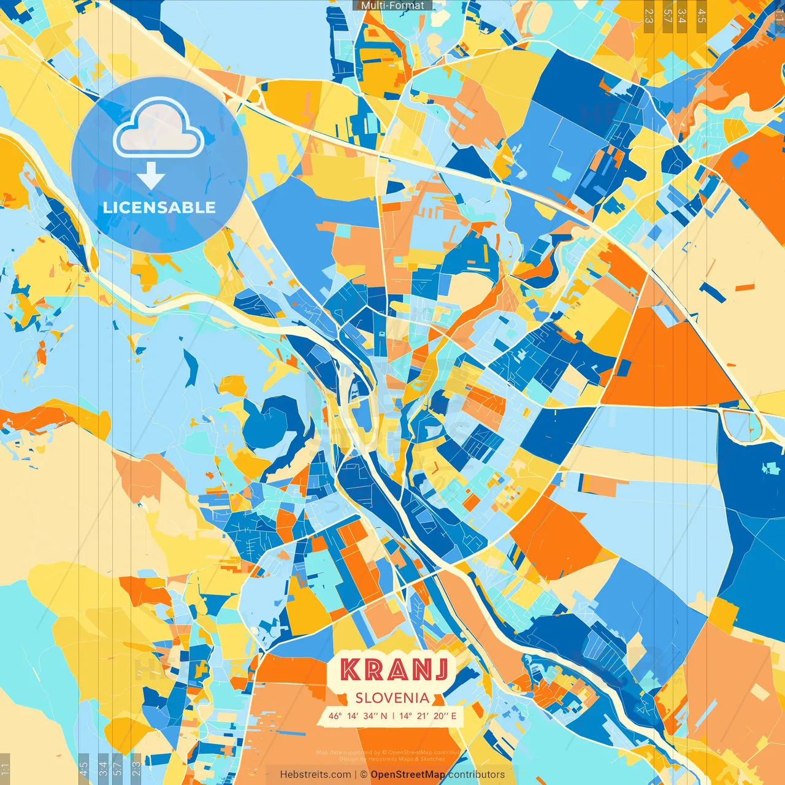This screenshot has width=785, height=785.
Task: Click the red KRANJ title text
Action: click(394, 670)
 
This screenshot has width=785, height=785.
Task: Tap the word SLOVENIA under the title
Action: click(392, 698)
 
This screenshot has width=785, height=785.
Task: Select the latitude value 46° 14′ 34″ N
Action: click(358, 716)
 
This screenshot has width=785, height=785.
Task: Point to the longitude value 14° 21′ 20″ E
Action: click(428, 716)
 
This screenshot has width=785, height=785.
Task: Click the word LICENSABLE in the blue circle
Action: click(159, 207)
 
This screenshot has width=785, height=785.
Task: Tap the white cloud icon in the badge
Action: click(158, 127)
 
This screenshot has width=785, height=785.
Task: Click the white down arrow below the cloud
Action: click(151, 177)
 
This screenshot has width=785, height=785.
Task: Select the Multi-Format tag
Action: click(392, 6)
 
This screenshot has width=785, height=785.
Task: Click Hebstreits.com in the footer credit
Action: click(316, 775)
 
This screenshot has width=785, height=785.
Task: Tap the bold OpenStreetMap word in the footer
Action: click(408, 775)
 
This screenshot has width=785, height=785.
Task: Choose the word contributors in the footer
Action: click(477, 775)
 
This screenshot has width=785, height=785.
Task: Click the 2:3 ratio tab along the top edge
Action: click(649, 16)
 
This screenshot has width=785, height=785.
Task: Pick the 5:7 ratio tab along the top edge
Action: click(667, 16)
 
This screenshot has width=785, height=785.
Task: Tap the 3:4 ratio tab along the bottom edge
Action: click(103, 768)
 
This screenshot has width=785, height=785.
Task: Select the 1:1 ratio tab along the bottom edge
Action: click(5, 768)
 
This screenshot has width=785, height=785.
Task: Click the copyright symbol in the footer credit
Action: click(363, 775)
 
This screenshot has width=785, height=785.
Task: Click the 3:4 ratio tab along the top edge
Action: click(682, 16)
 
